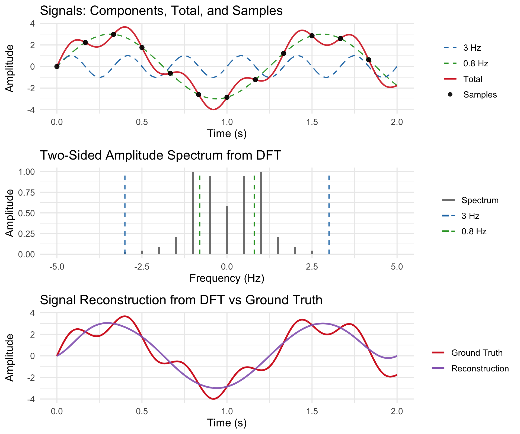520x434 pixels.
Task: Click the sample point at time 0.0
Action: [57, 67]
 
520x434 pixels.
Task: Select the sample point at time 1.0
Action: [227, 97]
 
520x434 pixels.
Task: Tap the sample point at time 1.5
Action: [312, 36]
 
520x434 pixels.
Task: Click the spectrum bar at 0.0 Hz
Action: [227, 230]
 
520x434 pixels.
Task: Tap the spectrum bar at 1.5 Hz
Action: [278, 245]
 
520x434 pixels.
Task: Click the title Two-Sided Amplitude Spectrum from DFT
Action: [160, 156]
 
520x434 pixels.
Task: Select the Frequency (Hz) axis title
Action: [227, 278]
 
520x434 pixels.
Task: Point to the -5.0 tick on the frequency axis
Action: [57, 267]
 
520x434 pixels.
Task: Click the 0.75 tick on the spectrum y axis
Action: [27, 193]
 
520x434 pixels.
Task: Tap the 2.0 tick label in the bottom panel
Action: [397, 412]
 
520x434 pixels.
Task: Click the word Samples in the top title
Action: [261, 11]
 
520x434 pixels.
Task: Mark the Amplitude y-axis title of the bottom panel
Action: [10, 357]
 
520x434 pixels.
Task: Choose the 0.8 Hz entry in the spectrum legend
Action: [474, 232]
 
